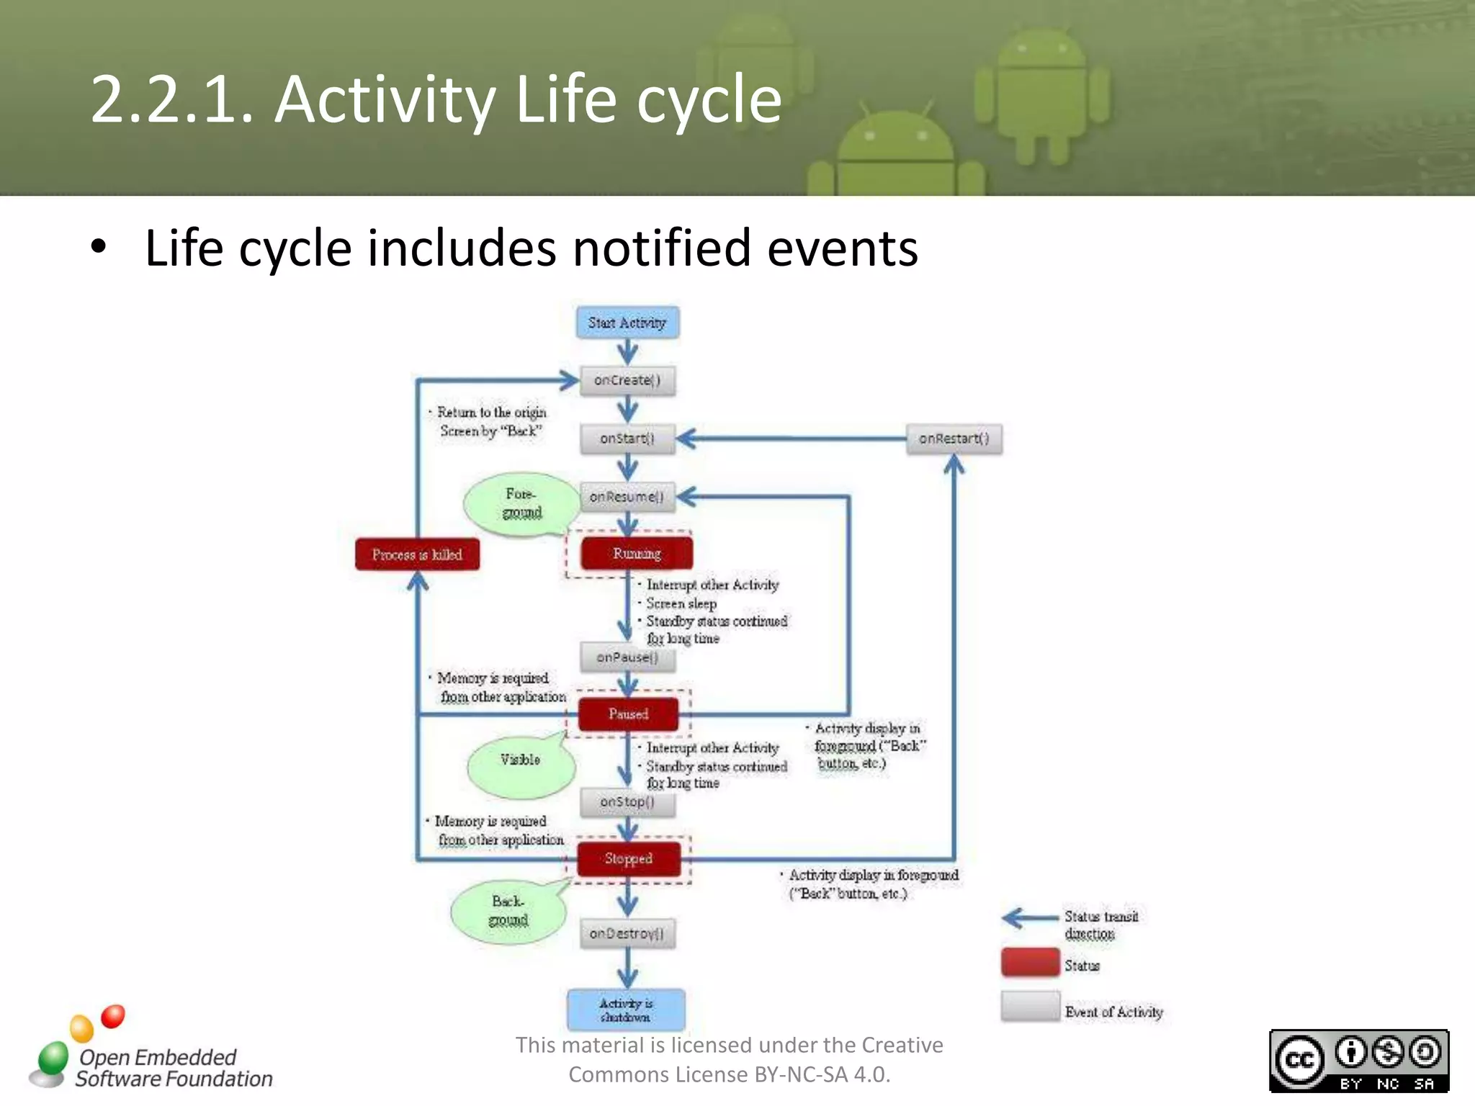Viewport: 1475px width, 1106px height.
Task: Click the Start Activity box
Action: point(627,323)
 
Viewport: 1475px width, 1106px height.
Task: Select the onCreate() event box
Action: point(627,380)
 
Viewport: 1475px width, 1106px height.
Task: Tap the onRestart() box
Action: point(954,439)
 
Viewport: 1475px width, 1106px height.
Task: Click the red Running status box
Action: point(637,553)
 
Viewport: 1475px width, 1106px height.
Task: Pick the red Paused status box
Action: point(628,714)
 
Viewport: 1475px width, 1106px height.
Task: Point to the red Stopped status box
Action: point(628,858)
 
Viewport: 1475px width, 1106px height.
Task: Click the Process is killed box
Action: point(417,554)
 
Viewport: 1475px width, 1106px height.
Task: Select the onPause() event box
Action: point(627,657)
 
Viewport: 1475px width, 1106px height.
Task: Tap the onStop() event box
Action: point(627,802)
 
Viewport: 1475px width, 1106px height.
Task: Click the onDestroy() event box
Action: point(627,933)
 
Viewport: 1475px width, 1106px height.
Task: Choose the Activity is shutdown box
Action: point(626,1010)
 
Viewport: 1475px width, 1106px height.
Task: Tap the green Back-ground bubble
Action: point(508,912)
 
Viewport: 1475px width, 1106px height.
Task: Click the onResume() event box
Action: point(627,497)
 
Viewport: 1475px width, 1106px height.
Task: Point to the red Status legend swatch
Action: point(1030,963)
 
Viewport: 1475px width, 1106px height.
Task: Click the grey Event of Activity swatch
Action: point(1030,1007)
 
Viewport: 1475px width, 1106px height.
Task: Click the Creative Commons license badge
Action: point(1358,1061)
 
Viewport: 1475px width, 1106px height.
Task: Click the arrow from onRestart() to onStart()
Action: point(792,438)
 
